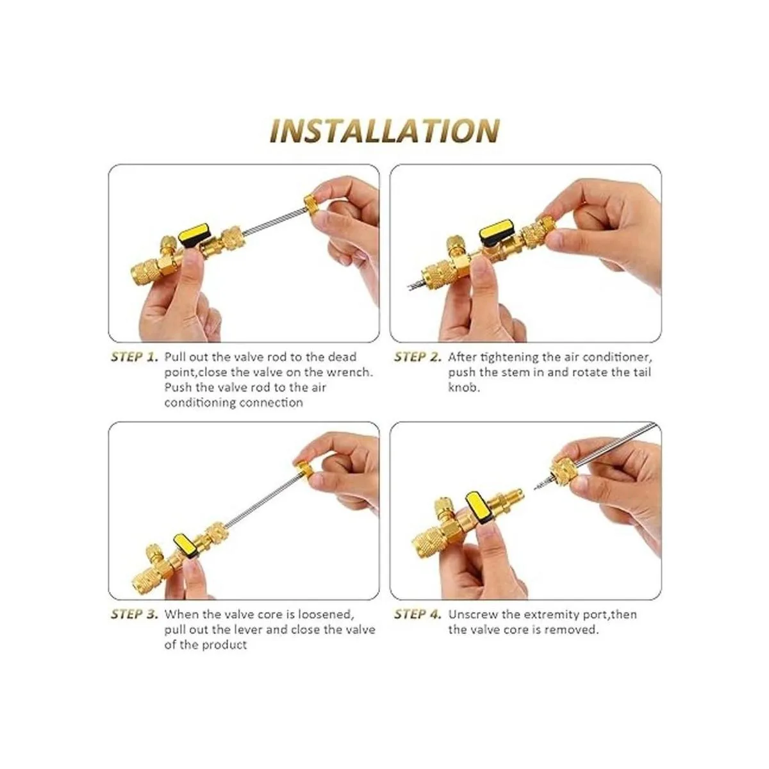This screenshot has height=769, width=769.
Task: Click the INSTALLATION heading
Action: pos(384,131)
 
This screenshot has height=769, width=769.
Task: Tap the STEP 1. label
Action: pos(134,357)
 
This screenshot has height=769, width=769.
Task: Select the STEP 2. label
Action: pos(418,357)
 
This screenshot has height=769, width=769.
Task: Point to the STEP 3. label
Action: pos(134,614)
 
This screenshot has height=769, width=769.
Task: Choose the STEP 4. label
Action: pos(418,614)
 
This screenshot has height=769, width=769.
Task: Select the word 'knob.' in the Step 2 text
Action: pos(463,388)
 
